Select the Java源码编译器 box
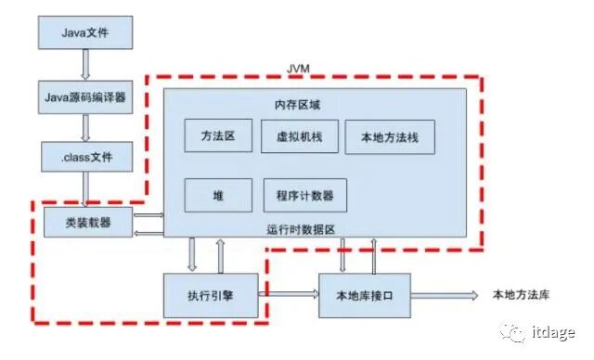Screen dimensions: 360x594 point(84,96)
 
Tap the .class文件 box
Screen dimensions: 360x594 point(84,157)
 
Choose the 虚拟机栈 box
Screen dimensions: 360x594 point(297,135)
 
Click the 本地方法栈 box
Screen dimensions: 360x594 point(389,137)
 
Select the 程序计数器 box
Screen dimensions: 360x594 point(304,196)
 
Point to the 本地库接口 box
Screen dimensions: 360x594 point(365,294)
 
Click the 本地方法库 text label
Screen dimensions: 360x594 point(521,294)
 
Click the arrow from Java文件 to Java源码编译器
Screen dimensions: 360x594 point(84,65)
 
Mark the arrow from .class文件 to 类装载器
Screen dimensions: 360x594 point(84,189)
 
